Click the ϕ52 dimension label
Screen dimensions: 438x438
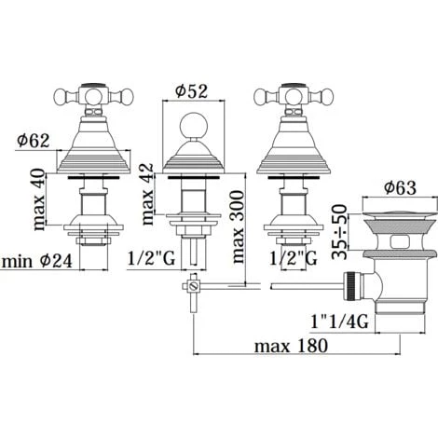click(x=193, y=91)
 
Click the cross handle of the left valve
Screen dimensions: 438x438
click(x=89, y=95)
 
